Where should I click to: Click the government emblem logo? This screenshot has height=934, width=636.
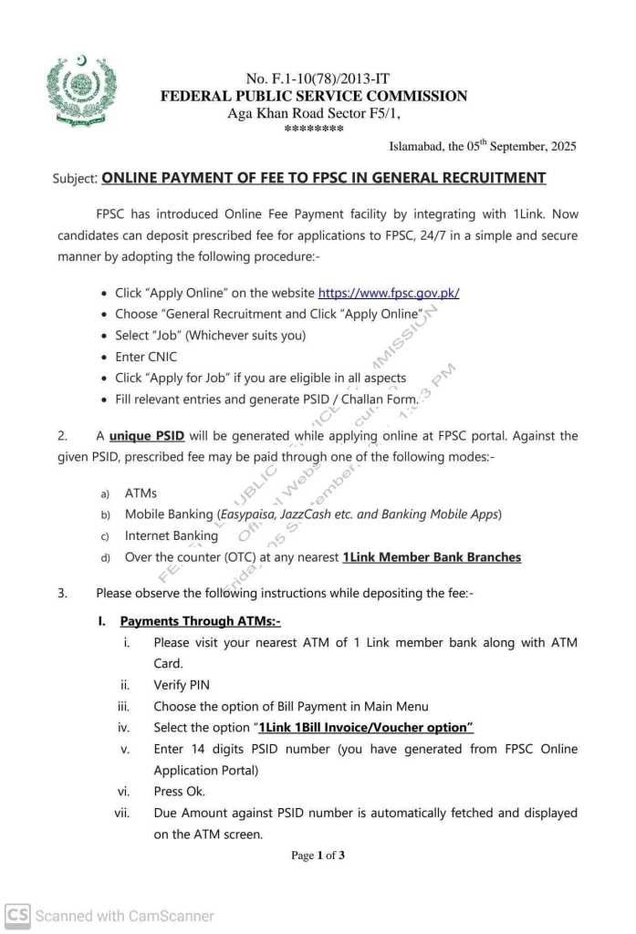click(81, 91)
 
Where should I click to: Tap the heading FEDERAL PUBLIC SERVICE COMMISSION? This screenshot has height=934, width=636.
click(314, 96)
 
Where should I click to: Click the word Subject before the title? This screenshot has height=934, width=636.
click(76, 179)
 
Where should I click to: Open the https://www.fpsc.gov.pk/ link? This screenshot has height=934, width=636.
click(388, 293)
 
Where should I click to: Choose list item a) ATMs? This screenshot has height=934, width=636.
click(141, 493)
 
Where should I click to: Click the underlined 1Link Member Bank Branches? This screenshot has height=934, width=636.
click(432, 557)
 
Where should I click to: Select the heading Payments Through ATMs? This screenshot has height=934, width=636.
click(200, 621)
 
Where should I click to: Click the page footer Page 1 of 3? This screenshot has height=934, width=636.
click(318, 856)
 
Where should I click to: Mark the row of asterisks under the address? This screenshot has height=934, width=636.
click(314, 129)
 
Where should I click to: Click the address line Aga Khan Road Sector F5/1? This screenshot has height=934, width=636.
click(313, 113)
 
